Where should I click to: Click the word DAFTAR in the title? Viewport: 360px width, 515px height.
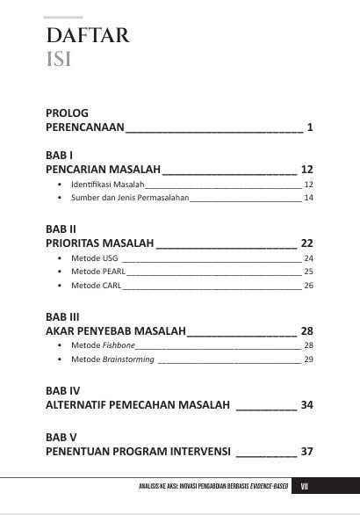pos(88,36)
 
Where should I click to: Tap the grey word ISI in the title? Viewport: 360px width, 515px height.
pos(59,60)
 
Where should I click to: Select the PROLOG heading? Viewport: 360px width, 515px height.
pos(67,113)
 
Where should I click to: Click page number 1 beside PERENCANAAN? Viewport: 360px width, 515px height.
pos(311,128)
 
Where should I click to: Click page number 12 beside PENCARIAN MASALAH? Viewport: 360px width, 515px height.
pos(307,169)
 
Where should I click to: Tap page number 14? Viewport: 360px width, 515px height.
pos(309,199)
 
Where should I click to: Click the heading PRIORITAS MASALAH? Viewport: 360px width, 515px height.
pos(99,243)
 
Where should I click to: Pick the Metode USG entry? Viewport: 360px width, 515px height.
pos(94,258)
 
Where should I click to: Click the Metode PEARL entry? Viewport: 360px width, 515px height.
pos(98,272)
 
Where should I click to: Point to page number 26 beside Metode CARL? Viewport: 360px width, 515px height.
pos(309,287)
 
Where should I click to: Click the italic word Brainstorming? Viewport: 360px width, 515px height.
pos(128,359)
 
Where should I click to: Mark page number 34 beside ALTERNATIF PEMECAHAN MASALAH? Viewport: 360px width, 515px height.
pos(307,405)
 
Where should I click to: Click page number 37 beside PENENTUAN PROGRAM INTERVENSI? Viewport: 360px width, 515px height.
pos(307,451)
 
